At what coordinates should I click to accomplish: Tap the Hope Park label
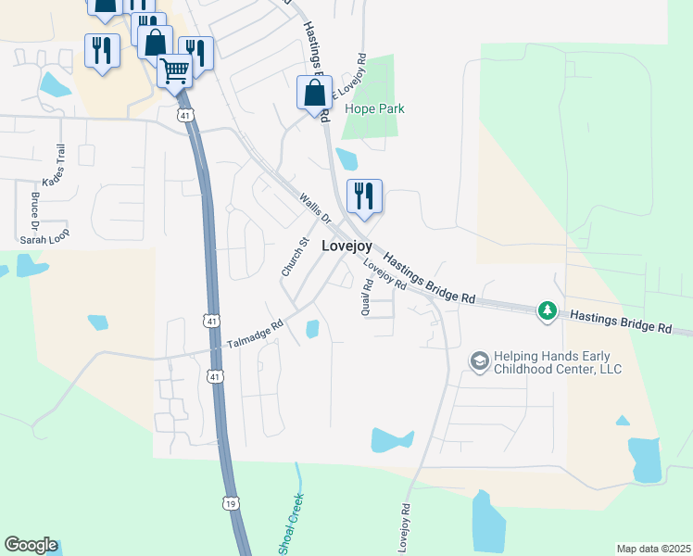click(x=374, y=108)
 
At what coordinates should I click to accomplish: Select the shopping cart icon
click(x=174, y=70)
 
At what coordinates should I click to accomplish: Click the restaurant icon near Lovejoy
click(x=364, y=196)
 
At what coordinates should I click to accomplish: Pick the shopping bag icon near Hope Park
click(x=314, y=93)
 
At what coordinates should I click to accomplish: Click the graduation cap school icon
click(x=479, y=360)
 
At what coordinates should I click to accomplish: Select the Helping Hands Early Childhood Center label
click(x=557, y=362)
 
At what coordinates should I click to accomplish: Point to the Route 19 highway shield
click(x=229, y=502)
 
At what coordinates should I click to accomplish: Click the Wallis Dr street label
click(x=315, y=208)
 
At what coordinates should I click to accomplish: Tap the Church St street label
click(x=296, y=257)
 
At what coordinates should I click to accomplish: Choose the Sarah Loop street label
click(x=45, y=238)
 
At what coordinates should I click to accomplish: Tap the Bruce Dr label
click(x=34, y=210)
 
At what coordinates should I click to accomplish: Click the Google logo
click(x=31, y=545)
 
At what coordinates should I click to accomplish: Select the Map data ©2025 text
click(x=652, y=549)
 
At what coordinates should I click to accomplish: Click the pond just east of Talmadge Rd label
click(x=312, y=329)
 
